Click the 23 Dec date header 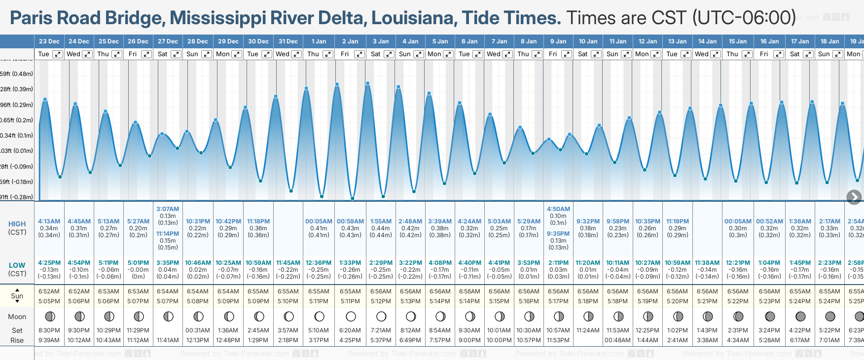click(49, 41)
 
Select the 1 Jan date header click(319, 41)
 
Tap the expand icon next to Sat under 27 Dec click(176, 54)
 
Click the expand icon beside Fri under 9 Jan click(567, 54)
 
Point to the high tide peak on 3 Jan click(368, 83)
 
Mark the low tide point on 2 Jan click(353, 198)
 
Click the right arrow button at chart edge click(854, 197)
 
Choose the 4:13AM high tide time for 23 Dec click(49, 221)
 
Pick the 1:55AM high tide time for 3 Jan click(381, 221)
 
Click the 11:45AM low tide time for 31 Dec click(288, 263)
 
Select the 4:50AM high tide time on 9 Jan click(558, 209)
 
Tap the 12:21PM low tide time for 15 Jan click(738, 263)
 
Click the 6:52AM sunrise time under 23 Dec click(49, 291)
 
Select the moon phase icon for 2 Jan click(351, 316)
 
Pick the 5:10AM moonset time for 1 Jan click(319, 330)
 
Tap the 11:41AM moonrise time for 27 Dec click(168, 340)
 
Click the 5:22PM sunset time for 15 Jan click(738, 301)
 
